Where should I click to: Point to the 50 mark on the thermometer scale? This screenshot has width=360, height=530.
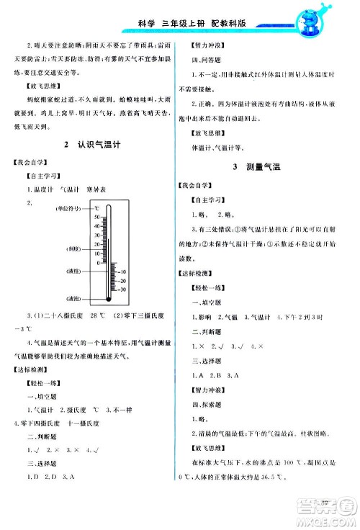[x=96, y=216]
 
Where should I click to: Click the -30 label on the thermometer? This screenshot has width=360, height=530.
[x=122, y=289]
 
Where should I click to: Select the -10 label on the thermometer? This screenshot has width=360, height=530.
[x=122, y=271]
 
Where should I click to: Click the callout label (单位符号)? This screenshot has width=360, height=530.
[x=67, y=208]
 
